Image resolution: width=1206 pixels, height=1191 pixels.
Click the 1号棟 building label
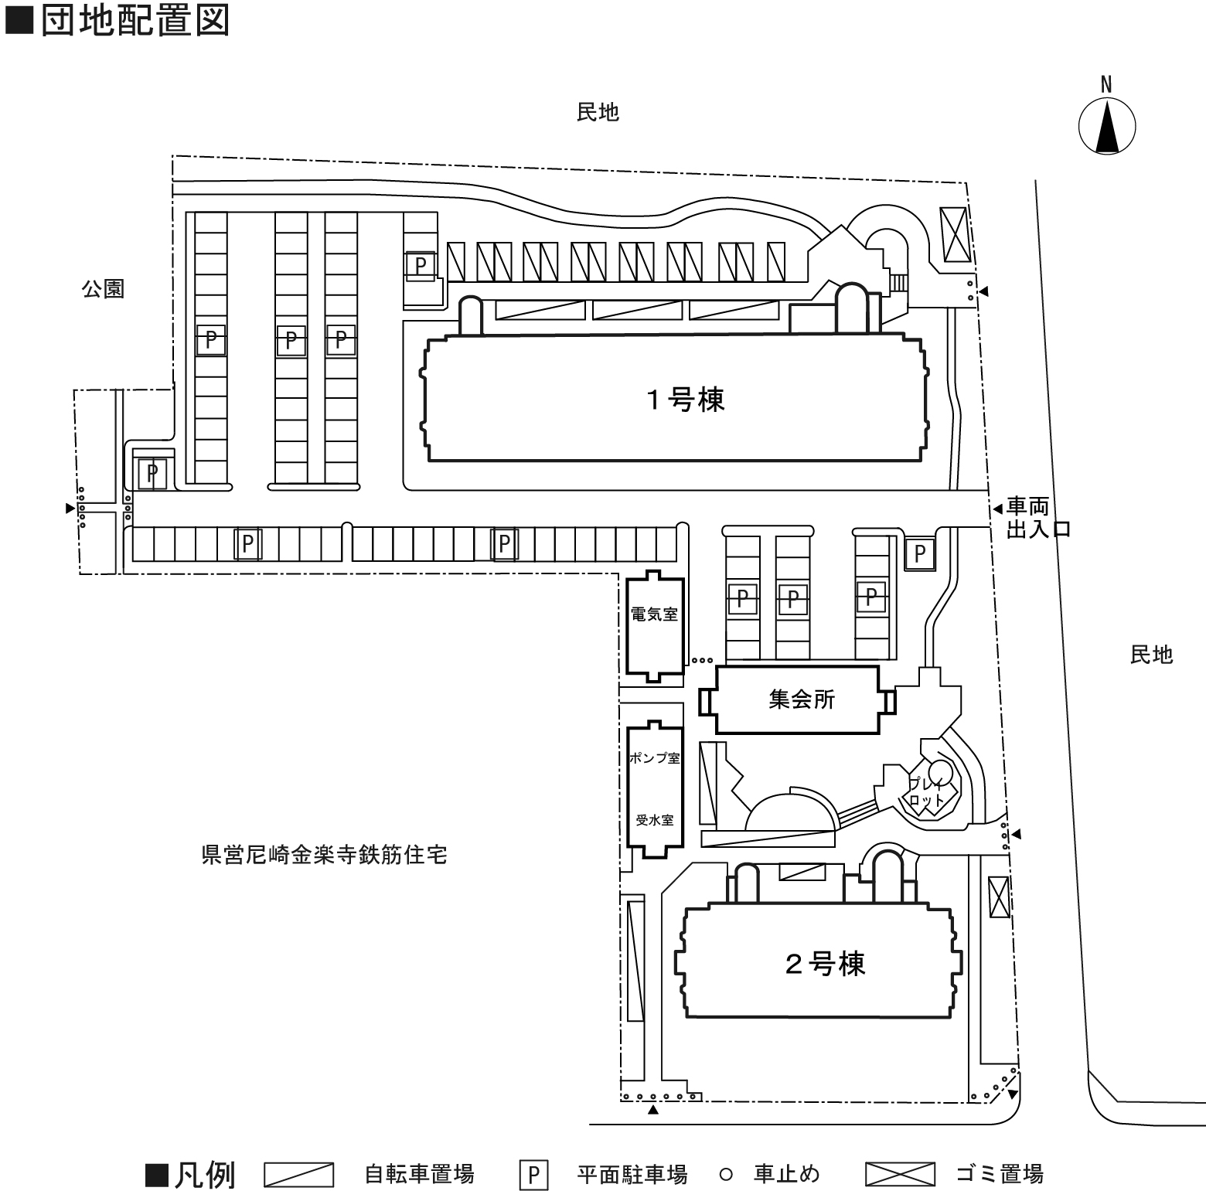pos(686,400)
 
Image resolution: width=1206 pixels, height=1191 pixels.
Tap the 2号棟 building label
pos(825,964)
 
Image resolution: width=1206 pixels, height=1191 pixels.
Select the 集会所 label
pos(802,699)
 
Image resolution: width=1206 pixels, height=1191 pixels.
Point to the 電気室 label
pos(654,614)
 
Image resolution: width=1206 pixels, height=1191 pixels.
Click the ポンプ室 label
pos(654,758)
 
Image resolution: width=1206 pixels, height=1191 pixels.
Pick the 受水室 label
pos(654,820)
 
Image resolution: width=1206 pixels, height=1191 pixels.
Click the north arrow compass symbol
pos(1107,125)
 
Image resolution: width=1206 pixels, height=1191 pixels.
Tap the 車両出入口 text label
pos(1037,518)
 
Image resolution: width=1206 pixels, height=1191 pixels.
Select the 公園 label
pos(104,289)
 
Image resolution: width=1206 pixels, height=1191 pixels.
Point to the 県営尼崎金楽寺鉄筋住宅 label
pos(324,856)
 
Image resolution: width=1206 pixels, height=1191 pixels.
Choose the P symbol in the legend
pos(533,1176)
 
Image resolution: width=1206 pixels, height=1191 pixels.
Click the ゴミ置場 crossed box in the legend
pos(900,1174)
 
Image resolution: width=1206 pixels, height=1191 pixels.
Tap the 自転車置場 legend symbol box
pos(298,1175)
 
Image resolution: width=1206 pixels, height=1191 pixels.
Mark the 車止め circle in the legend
pos(725,1175)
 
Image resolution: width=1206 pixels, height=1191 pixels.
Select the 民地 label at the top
pos(598,113)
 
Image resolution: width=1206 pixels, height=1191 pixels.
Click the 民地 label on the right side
pos(1151,655)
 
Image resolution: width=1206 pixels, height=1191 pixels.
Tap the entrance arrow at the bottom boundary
pos(653,1109)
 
